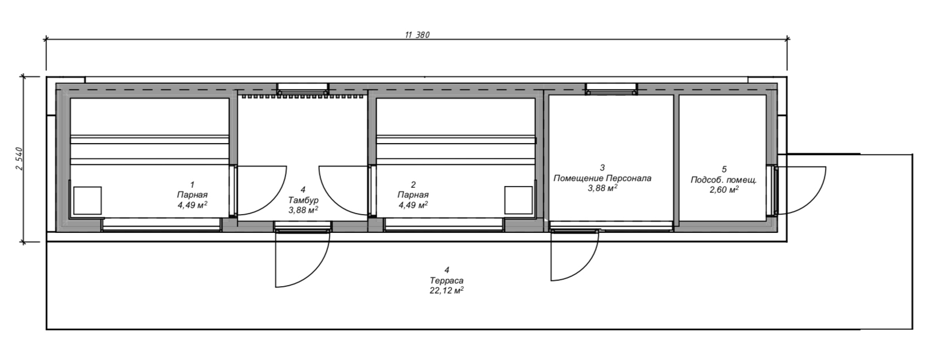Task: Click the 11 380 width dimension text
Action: tap(417, 35)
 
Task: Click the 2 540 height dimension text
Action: tap(18, 159)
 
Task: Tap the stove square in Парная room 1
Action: tap(88, 200)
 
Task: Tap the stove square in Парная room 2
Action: tap(518, 200)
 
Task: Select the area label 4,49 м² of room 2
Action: tap(413, 204)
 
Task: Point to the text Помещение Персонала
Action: tap(602, 178)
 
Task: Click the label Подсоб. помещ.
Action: tap(723, 180)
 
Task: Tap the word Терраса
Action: tap(446, 280)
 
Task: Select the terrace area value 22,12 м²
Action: tap(446, 290)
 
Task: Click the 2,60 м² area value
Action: tap(723, 189)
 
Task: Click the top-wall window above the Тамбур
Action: tap(303, 89)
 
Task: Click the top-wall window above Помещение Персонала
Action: tap(611, 89)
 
